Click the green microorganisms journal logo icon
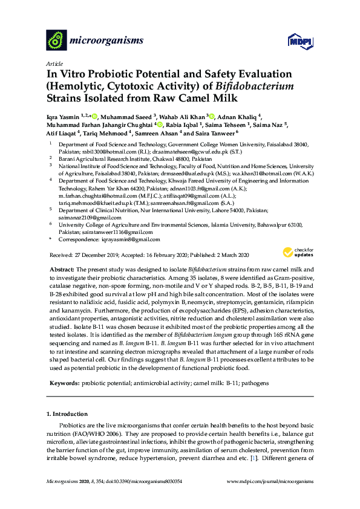(56, 41)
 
